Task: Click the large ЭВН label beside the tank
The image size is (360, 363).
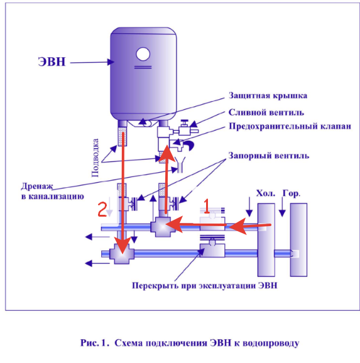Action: pos(52,62)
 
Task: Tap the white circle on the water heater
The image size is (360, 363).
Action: pos(143,54)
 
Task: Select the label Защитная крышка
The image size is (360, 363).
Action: pos(268,95)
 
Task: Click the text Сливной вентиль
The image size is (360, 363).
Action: pos(266,112)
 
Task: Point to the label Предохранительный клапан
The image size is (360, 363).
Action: pos(290,126)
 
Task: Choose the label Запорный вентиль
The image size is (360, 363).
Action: pos(268,156)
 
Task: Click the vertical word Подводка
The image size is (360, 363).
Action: pos(95,158)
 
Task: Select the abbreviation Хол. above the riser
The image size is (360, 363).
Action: pos(266,193)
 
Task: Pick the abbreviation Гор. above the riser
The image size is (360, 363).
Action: pos(292,193)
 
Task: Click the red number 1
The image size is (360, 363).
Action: pos(207,206)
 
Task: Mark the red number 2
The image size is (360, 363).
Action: pos(102,209)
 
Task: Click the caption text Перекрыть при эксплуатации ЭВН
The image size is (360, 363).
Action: pos(205,286)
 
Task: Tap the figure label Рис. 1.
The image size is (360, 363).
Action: pos(94,343)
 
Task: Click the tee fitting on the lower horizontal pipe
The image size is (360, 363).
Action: pos(122,254)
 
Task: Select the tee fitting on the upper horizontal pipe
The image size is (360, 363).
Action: pos(163,227)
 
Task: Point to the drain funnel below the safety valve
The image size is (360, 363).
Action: pos(180,165)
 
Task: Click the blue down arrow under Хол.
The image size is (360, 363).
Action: pos(249,207)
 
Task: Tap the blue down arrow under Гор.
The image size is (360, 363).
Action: pos(282,207)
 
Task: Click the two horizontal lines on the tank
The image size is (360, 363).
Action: pos(143,67)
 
